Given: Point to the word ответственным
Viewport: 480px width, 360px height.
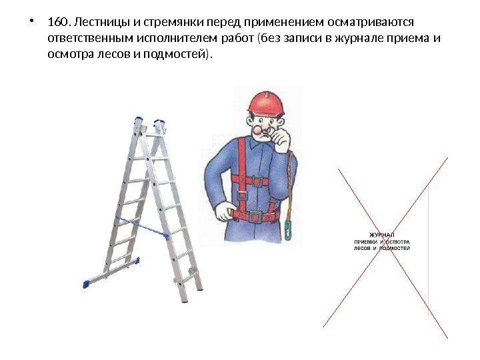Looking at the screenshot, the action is point(91,38).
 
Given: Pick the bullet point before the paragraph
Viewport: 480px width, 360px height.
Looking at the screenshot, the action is point(31,22).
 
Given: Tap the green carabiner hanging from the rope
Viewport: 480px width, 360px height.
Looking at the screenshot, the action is point(288,229).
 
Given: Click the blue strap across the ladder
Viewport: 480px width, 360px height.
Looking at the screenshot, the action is point(142,227).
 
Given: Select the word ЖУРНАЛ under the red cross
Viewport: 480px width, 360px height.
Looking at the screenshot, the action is point(382,235).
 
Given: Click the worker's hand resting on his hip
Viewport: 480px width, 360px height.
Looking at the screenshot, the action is point(223,212).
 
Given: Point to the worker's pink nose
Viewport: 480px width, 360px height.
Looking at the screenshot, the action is point(258,131).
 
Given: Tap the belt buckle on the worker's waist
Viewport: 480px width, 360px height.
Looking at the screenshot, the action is point(255,217).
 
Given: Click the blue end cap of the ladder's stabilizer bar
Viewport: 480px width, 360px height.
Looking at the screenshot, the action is point(85,285).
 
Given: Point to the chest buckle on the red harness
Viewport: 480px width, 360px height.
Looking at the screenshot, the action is point(257,181).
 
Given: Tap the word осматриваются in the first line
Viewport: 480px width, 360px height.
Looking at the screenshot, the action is point(370,23).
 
